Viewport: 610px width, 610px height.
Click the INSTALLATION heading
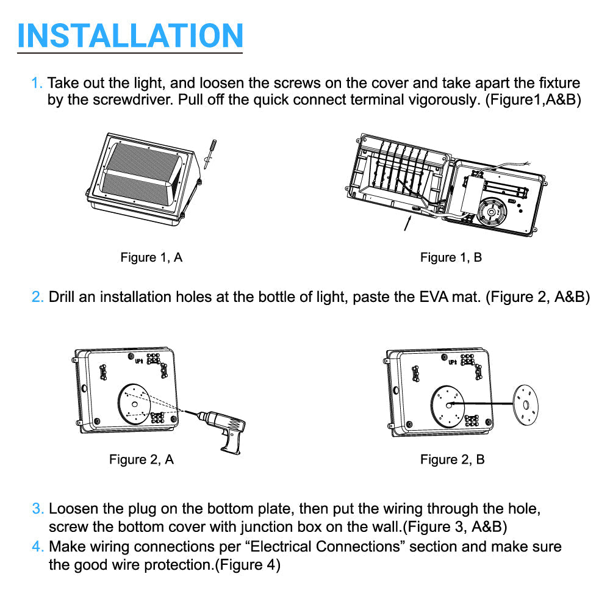pyautogui.click(x=131, y=35)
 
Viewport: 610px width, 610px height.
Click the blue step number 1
pyautogui.click(x=37, y=83)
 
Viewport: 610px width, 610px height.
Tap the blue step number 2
pyautogui.click(x=37, y=297)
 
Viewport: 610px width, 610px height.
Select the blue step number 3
pyautogui.click(x=38, y=509)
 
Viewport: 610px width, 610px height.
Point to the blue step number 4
pyautogui.click(x=38, y=547)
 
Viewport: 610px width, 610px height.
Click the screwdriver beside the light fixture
pyautogui.click(x=210, y=154)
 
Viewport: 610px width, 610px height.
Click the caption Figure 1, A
pyautogui.click(x=151, y=257)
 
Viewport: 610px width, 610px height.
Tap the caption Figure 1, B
pyautogui.click(x=451, y=257)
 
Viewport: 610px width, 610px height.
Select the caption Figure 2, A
pyautogui.click(x=142, y=459)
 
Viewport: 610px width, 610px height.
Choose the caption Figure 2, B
pyautogui.click(x=453, y=459)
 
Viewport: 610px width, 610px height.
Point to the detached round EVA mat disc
pyautogui.click(x=526, y=405)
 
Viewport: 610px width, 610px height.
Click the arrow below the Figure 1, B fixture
pyautogui.click(x=407, y=224)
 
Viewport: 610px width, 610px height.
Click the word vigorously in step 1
pyautogui.click(x=444, y=100)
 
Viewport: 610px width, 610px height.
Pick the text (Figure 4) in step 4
pyautogui.click(x=248, y=564)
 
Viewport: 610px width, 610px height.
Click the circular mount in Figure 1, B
pyautogui.click(x=492, y=212)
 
